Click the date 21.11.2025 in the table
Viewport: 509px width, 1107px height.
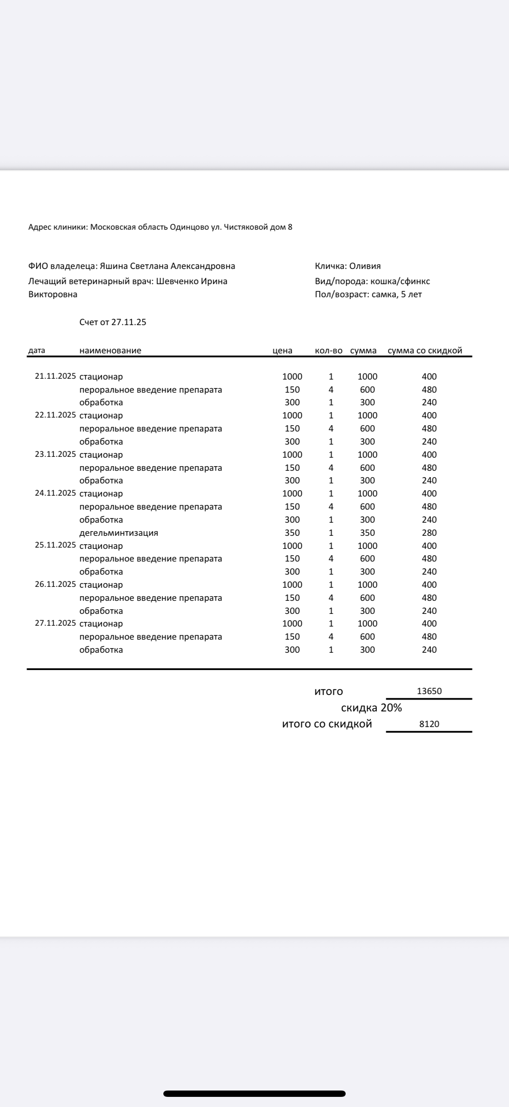[55, 376]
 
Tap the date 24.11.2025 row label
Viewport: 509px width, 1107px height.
[55, 493]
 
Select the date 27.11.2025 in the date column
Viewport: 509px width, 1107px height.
[55, 623]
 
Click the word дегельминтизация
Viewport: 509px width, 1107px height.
[119, 533]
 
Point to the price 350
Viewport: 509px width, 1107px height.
[292, 533]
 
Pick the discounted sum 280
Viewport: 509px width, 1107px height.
[429, 533]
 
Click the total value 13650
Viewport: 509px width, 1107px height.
[429, 691]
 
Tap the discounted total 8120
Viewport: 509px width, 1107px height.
[429, 724]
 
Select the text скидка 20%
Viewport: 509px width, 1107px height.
[371, 708]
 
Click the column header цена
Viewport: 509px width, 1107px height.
[282, 351]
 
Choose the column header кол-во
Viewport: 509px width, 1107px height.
[329, 351]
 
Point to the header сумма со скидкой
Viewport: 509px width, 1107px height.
[425, 351]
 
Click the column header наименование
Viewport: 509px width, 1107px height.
[111, 351]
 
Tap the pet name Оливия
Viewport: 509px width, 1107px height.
[365, 266]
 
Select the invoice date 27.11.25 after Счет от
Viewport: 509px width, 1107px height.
[129, 322]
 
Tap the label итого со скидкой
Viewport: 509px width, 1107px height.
[327, 724]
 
